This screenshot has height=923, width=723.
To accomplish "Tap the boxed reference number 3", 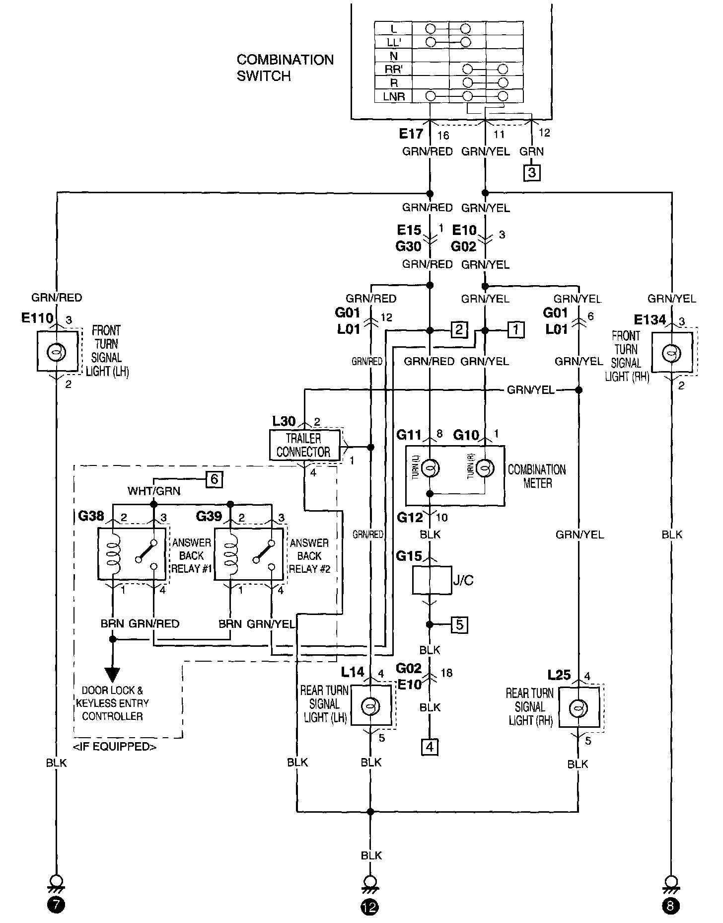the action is [532, 173].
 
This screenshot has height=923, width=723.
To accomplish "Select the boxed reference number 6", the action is [214, 479].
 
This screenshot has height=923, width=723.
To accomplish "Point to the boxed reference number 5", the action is [460, 624].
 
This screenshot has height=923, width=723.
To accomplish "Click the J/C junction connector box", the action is [431, 579].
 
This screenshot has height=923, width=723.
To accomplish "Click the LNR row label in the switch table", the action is [394, 97].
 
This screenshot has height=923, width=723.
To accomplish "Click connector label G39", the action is [209, 516].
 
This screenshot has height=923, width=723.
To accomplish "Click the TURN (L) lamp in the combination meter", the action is [430, 467].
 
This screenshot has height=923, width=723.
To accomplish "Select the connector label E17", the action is [411, 133].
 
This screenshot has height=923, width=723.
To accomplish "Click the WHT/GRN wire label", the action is [154, 491].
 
